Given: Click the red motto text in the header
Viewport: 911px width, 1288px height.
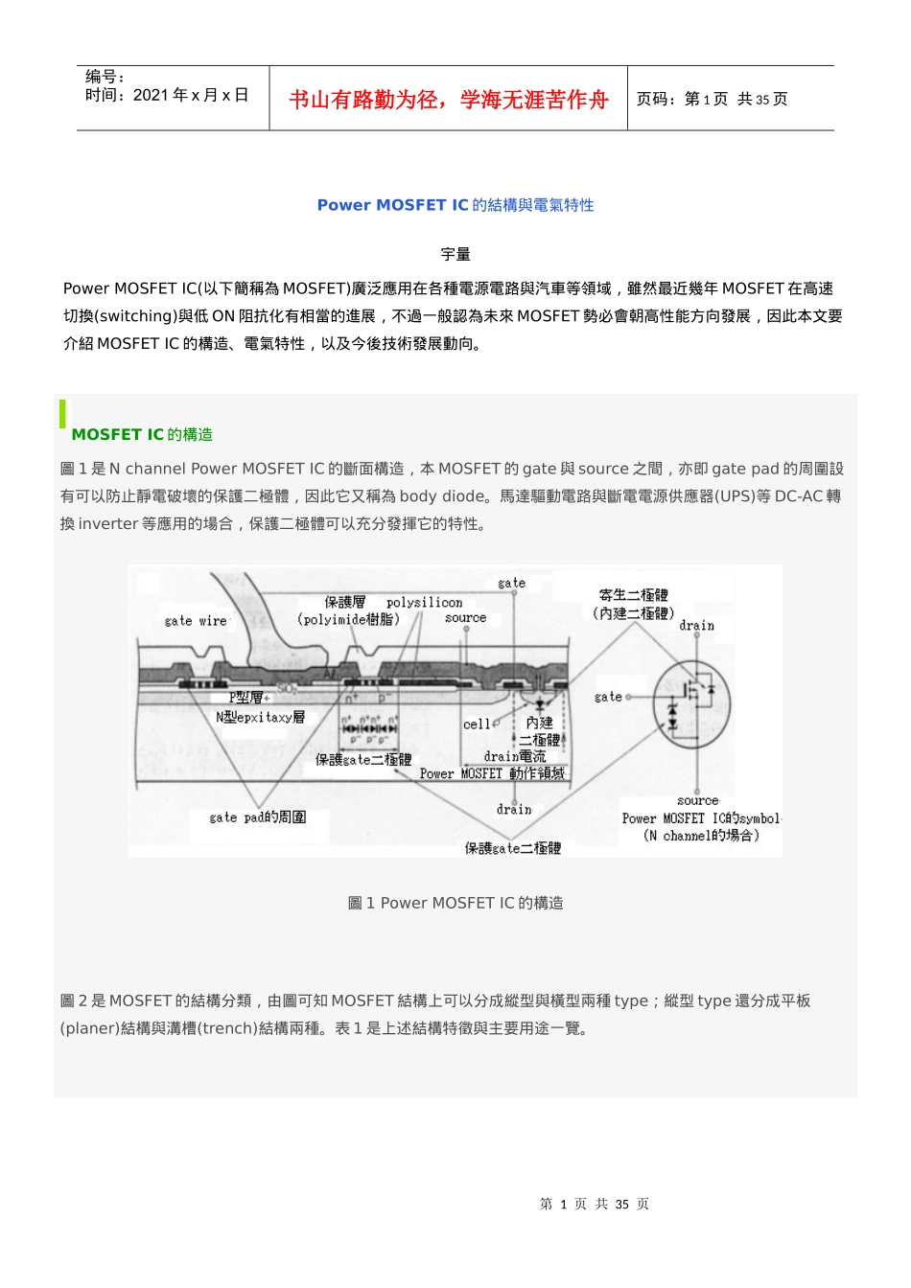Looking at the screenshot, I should pyautogui.click(x=448, y=100).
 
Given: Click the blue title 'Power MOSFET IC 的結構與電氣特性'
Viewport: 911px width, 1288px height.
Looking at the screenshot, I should pyautogui.click(x=455, y=205).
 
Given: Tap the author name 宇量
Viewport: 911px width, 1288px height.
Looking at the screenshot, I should pyautogui.click(x=455, y=254).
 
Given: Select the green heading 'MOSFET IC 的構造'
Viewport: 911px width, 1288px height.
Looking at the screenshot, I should pyautogui.click(x=142, y=435).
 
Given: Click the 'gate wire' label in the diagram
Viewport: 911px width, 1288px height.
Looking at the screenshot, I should pyautogui.click(x=196, y=621).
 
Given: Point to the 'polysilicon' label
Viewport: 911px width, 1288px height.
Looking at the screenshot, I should pyautogui.click(x=424, y=603).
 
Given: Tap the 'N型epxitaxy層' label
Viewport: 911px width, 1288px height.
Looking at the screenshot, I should pyautogui.click(x=260, y=717).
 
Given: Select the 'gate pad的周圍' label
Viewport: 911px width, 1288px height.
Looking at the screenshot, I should pyautogui.click(x=258, y=817).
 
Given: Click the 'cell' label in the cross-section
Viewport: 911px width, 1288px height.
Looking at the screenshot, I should pyautogui.click(x=477, y=724).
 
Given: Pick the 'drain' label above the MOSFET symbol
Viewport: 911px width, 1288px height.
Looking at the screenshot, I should pyautogui.click(x=696, y=626).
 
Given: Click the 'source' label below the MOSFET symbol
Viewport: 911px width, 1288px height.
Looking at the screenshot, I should pyautogui.click(x=697, y=800).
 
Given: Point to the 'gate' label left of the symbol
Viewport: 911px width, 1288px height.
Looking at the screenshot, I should pyautogui.click(x=608, y=697).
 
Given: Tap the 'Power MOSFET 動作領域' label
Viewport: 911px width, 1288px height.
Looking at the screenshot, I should pyautogui.click(x=492, y=773).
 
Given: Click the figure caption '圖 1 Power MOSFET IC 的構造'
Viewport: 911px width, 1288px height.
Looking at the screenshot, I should pyautogui.click(x=455, y=903).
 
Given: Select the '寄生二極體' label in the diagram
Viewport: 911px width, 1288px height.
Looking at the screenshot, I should pyautogui.click(x=633, y=595).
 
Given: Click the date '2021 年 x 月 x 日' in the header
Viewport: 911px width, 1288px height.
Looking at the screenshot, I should pyautogui.click(x=191, y=95).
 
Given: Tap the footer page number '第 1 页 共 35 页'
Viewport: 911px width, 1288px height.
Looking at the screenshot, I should pyautogui.click(x=595, y=1204).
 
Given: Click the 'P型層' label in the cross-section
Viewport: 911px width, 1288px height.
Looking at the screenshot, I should pyautogui.click(x=246, y=698).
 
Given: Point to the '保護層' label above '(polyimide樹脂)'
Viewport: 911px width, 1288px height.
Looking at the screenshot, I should pyautogui.click(x=344, y=603).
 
